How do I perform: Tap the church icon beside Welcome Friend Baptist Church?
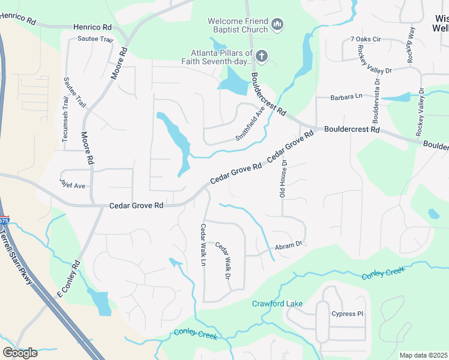277,25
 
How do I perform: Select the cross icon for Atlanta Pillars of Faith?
261,56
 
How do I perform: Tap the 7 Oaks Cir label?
366,40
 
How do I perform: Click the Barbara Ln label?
347,97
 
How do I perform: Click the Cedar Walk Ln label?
203,246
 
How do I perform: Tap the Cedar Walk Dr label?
223,260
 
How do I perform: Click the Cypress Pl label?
348,314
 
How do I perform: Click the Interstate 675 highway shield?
4,220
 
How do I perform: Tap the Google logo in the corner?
20,353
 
